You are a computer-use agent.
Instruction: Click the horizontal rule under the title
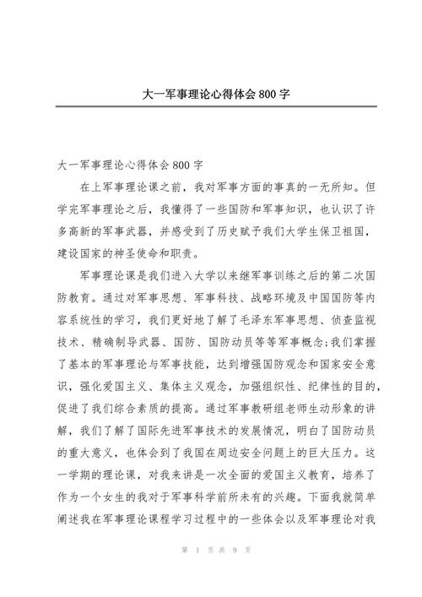211,106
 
